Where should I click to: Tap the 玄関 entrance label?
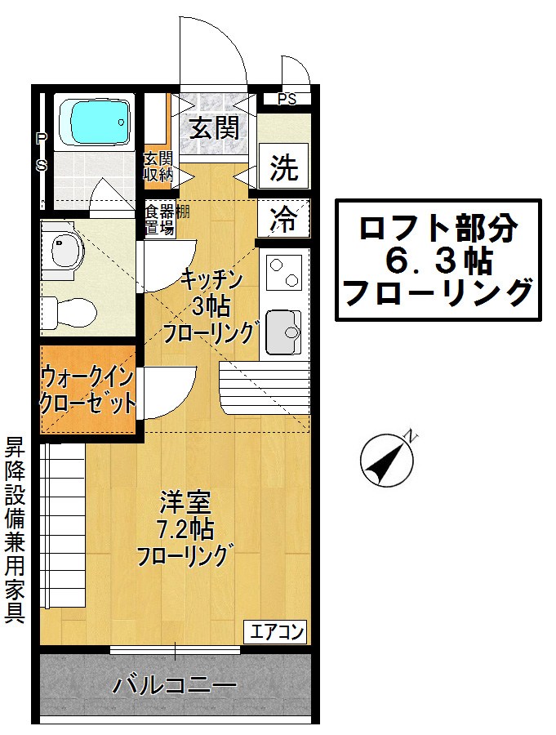215,127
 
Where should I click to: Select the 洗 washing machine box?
284,168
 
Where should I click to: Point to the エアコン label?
277,631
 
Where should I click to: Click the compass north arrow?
385,460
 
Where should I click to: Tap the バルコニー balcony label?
175,684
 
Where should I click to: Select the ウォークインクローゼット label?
88,390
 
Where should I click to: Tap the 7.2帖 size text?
185,530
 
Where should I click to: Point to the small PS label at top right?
286,100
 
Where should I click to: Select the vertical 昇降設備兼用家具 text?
15,531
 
